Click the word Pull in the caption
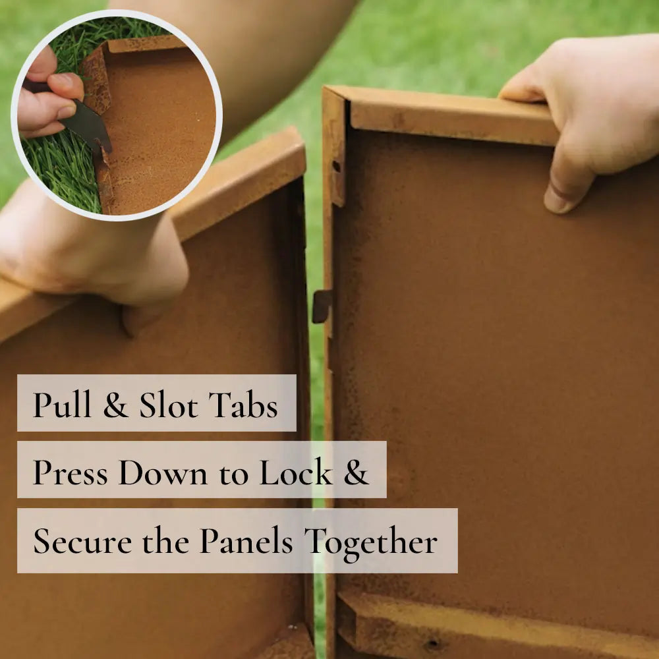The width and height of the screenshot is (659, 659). (62, 404)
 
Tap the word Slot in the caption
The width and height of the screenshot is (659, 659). (168, 405)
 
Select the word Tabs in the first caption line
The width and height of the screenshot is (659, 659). (243, 405)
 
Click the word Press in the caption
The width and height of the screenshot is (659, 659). (71, 472)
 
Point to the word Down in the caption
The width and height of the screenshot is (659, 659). (163, 472)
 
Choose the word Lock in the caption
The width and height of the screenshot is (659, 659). (296, 472)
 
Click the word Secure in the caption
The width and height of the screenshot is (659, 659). (82, 541)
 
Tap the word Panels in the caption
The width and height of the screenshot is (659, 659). (246, 540)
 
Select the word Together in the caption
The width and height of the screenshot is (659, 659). (370, 543)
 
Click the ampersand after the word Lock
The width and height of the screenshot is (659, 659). (356, 472)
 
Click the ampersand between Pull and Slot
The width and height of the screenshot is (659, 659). (115, 405)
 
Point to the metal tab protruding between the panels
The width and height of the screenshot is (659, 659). (322, 306)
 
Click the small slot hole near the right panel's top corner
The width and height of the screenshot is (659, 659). (336, 167)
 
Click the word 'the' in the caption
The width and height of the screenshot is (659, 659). (165, 540)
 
